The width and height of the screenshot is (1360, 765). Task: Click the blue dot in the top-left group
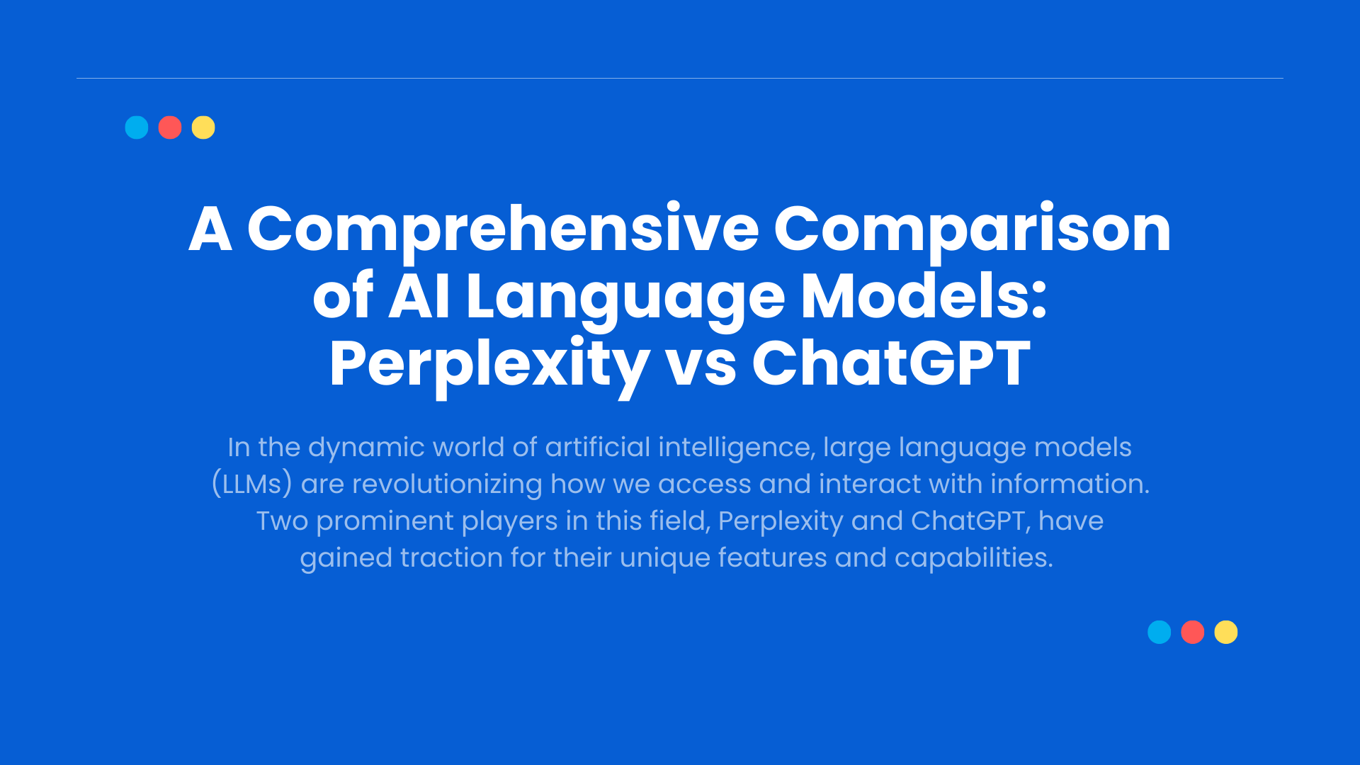[x=137, y=127]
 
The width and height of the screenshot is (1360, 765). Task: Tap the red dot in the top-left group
[x=170, y=127]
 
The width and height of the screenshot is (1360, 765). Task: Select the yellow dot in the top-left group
[x=203, y=127]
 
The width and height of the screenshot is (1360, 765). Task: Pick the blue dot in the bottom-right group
[x=1160, y=632]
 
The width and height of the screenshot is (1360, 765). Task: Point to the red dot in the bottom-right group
[x=1193, y=632]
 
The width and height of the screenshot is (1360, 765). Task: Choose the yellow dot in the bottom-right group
[x=1226, y=632]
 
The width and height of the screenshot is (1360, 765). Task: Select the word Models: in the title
[x=924, y=295]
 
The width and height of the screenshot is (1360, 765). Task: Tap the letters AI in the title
[x=419, y=296]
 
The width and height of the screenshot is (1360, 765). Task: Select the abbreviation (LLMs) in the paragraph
[x=252, y=484]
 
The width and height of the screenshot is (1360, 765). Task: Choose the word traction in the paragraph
[x=451, y=557]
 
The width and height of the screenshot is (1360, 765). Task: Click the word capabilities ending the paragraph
[x=973, y=558]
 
